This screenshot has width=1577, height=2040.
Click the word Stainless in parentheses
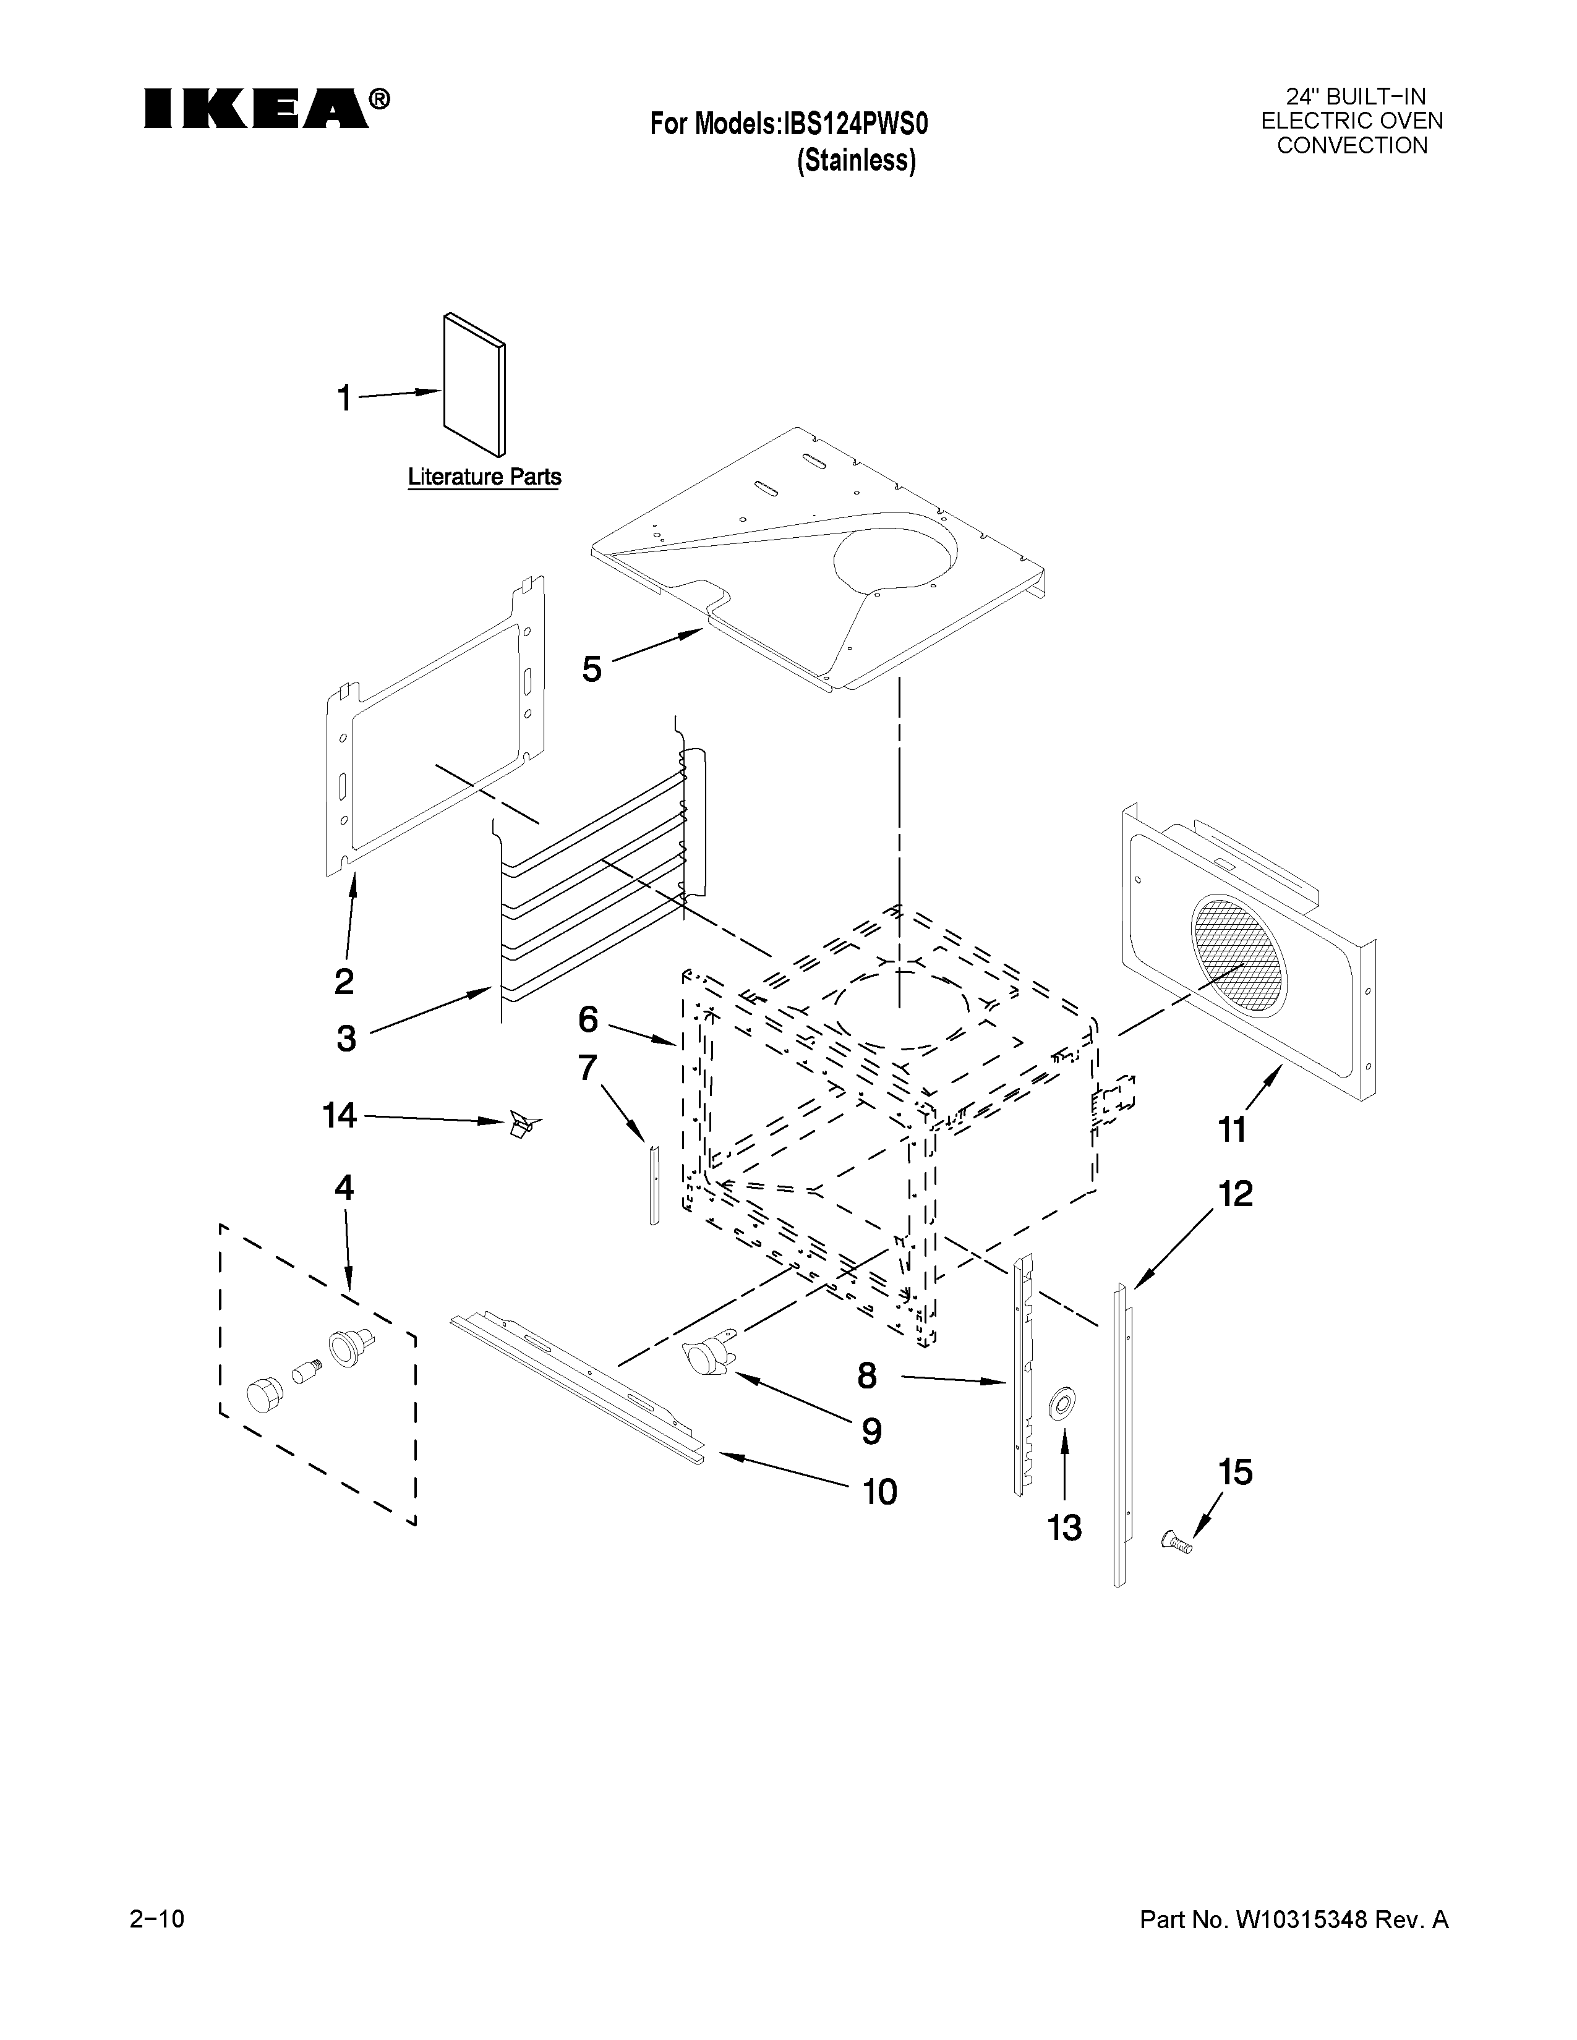pos(857,161)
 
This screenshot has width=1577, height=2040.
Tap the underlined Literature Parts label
pos(484,477)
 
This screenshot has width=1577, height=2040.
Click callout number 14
pos(339,1115)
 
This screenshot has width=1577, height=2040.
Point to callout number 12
pos(1235,1194)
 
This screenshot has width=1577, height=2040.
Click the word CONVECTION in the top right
pos(1352,146)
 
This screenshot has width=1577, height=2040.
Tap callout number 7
pos(587,1067)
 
